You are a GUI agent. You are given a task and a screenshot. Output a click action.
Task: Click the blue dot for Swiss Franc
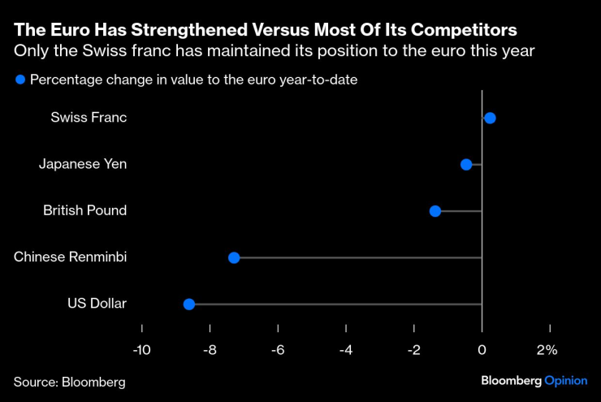[490, 118]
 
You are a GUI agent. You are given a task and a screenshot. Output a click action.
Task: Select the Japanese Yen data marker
[466, 165]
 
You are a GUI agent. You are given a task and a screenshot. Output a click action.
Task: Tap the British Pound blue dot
[435, 211]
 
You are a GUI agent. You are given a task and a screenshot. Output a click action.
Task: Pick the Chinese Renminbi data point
[234, 257]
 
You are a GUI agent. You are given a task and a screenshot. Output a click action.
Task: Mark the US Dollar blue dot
[189, 305]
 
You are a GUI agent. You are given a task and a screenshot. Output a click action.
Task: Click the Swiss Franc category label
[89, 118]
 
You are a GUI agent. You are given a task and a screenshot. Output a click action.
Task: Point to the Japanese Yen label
[83, 164]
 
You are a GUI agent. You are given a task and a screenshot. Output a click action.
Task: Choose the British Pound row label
[84, 210]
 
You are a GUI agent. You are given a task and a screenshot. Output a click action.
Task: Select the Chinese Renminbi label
[71, 257]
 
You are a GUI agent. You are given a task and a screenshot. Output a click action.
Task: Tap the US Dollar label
[97, 304]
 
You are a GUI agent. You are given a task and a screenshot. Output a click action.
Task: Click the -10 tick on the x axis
[142, 351]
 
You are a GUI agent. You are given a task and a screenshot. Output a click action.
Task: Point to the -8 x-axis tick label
[210, 351]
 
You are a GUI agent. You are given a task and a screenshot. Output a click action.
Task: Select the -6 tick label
[278, 351]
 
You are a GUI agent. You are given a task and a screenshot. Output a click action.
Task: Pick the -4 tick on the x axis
[346, 351]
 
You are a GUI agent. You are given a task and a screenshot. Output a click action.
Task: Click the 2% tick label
[547, 351]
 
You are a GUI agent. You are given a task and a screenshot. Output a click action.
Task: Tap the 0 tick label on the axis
[482, 351]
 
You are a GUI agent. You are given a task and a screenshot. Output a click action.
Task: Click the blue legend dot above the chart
[19, 80]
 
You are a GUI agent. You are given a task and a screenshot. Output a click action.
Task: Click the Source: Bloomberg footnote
[70, 380]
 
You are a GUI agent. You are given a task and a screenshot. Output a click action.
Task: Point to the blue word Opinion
[565, 380]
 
